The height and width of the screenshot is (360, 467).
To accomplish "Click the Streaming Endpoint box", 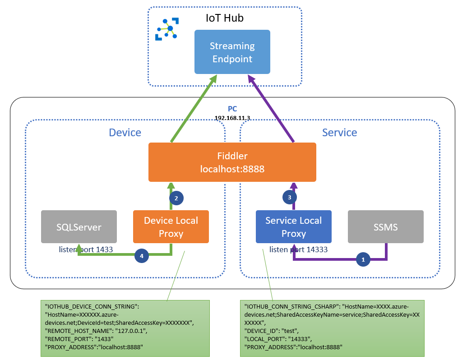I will point(232,52).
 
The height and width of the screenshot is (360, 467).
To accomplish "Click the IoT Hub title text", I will point(224,18).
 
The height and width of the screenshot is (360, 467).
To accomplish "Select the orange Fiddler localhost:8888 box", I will point(232,162).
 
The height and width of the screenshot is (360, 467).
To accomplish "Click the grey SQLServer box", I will point(79,227).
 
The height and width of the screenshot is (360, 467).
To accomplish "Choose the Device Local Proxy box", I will point(171,227).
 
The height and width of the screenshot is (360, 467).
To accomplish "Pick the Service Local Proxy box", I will point(293,227).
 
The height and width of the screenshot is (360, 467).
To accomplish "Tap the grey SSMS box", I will point(385,227).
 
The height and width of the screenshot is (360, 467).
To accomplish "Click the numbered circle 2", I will point(176,198).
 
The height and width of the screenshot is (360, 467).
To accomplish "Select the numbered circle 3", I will point(289,197).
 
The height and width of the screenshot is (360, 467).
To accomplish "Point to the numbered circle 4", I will point(142,256).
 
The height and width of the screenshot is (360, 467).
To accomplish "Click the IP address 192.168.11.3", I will point(232,117).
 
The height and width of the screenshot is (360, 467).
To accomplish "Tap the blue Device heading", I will point(125,133).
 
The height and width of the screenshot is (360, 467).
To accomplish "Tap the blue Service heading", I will point(339,133).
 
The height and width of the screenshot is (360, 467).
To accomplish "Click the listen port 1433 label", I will point(86,249).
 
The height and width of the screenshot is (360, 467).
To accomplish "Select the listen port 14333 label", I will point(298,249).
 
